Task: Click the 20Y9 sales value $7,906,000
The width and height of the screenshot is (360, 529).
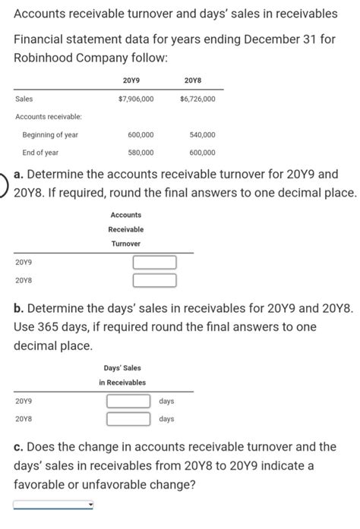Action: coord(137,99)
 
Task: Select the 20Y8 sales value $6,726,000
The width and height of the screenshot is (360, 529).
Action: coord(197,99)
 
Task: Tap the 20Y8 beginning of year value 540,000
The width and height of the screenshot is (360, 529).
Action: coord(203,134)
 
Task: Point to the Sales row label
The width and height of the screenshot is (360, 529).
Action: coord(24,99)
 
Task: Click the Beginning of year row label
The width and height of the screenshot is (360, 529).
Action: coord(50,134)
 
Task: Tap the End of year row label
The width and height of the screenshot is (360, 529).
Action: coord(40,152)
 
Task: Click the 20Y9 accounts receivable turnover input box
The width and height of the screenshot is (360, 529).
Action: coord(155,263)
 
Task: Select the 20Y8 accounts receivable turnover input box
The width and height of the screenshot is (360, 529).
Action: coord(155,281)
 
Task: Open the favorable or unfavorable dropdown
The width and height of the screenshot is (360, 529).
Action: coord(53,504)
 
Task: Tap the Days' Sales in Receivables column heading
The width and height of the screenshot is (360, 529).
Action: coord(122,375)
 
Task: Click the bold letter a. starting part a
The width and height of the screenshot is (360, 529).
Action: coord(20,174)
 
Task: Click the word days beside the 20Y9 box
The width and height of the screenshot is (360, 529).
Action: coord(166,401)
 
